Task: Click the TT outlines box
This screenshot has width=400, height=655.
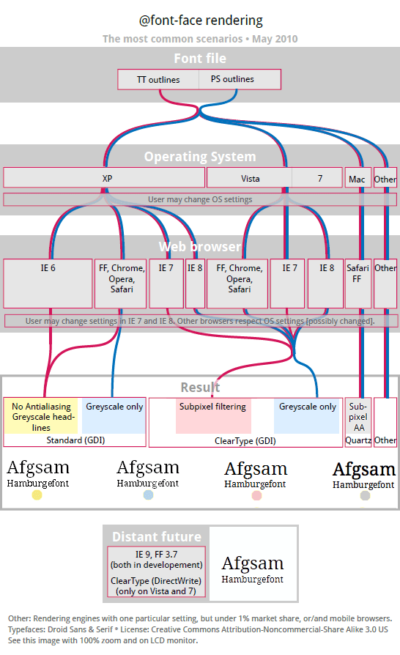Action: (158, 79)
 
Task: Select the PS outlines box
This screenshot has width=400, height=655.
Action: (240, 79)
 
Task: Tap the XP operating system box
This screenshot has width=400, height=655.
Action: (104, 178)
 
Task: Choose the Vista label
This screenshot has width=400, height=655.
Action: (250, 179)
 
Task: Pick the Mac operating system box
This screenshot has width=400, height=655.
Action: (358, 178)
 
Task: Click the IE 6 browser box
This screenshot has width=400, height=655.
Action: (48, 284)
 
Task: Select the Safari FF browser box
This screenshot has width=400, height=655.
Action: (358, 284)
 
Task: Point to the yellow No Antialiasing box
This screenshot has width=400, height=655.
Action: (41, 416)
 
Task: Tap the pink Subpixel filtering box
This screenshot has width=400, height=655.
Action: (213, 416)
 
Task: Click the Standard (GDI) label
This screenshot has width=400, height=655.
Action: (75, 440)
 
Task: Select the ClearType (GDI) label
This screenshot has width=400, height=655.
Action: (245, 441)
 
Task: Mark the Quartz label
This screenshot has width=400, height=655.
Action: (358, 440)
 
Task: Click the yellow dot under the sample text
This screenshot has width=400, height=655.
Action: (37, 495)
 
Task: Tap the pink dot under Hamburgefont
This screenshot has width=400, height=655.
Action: (257, 495)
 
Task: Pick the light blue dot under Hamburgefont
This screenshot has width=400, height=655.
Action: (148, 495)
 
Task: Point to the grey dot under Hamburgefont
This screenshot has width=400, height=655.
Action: (365, 495)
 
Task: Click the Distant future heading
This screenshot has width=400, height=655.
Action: (157, 537)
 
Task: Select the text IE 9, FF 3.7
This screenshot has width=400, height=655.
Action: (156, 555)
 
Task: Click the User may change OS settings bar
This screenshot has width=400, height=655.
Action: (200, 199)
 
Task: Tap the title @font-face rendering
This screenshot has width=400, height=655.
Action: (201, 20)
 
